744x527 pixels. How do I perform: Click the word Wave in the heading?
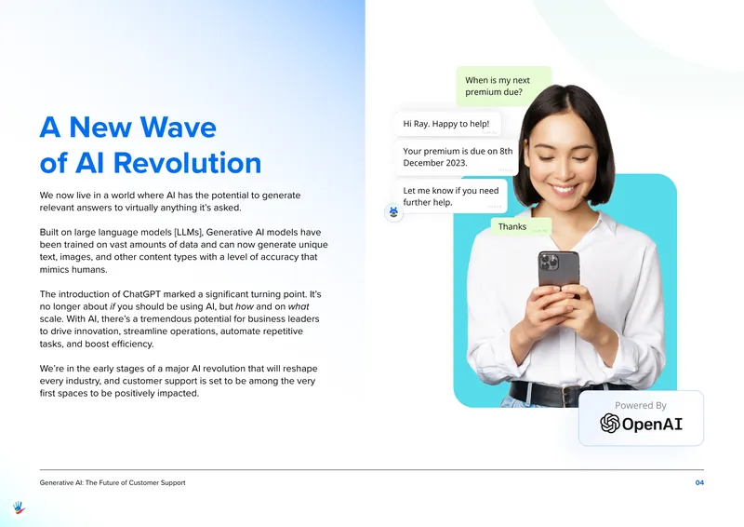pyautogui.click(x=178, y=128)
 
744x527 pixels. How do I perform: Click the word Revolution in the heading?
pyautogui.click(x=187, y=163)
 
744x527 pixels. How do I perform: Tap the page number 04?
pyautogui.click(x=699, y=482)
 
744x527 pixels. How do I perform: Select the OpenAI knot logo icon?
pyautogui.click(x=610, y=423)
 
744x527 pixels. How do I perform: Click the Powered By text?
pyautogui.click(x=641, y=405)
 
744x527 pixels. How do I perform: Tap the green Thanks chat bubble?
pyautogui.click(x=521, y=226)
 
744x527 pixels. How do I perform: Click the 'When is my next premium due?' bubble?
pyautogui.click(x=504, y=86)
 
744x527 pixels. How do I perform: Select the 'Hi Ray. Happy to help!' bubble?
pyautogui.click(x=447, y=124)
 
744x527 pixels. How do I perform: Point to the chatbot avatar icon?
pyautogui.click(x=393, y=212)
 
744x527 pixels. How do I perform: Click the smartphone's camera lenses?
pyautogui.click(x=548, y=262)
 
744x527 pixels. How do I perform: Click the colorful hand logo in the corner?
pyautogui.click(x=19, y=507)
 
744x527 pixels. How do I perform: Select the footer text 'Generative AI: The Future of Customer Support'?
pyautogui.click(x=113, y=482)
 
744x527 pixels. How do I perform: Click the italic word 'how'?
pyautogui.click(x=245, y=306)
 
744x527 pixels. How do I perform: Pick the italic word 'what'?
pyautogui.click(x=299, y=306)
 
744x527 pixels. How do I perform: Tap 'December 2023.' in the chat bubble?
pyautogui.click(x=435, y=163)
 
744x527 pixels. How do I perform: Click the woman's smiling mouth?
pyautogui.click(x=564, y=190)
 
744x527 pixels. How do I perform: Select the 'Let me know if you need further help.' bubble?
pyautogui.click(x=450, y=196)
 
